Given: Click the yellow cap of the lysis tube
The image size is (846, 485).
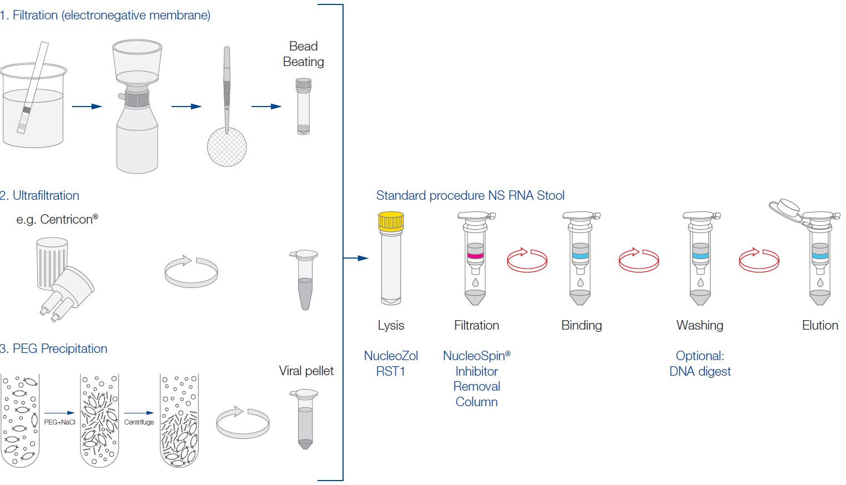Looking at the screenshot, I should (x=391, y=221).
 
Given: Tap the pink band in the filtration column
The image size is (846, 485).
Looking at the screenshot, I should (x=475, y=256).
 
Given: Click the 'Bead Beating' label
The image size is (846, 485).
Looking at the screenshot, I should (x=303, y=54).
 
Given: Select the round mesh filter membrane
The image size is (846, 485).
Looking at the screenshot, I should (x=226, y=146).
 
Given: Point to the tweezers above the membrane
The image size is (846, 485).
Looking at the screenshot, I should (x=226, y=83).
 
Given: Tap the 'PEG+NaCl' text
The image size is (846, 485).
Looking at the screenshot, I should (x=59, y=422).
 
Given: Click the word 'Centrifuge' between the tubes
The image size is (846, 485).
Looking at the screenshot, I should (x=139, y=422).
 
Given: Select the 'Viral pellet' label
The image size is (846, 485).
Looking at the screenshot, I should (x=306, y=371).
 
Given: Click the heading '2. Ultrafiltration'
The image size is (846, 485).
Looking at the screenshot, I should (x=40, y=195).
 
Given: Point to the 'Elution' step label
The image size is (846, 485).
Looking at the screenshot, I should (x=820, y=325).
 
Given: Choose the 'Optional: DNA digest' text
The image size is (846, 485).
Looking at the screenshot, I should (x=700, y=363).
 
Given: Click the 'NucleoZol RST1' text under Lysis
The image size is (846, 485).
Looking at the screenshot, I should (x=391, y=363).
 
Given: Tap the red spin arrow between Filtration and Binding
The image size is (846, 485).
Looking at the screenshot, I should (x=527, y=260).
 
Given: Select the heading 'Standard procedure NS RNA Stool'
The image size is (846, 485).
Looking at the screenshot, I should (x=470, y=195).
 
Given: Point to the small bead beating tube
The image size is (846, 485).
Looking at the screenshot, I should (x=303, y=107).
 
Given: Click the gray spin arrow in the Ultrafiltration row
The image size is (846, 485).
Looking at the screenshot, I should (x=192, y=271).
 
